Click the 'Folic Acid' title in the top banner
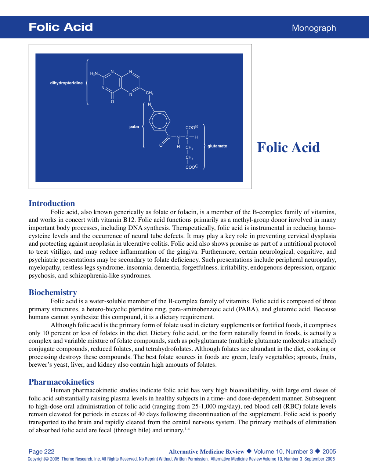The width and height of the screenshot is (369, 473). coord(61,27)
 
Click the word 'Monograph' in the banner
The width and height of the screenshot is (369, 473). coord(314,28)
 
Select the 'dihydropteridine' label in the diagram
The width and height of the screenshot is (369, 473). coord(66,83)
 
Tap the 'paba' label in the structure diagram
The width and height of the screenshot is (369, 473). coord(134,126)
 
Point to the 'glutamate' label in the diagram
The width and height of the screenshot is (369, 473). coord(217,146)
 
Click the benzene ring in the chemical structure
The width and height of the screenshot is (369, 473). coord(159,121)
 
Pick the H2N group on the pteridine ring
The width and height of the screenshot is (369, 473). coord(94,74)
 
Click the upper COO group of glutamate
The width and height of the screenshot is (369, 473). coord(191,127)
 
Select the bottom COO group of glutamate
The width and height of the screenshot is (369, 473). coord(191,167)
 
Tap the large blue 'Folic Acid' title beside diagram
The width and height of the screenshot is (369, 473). coord(288,147)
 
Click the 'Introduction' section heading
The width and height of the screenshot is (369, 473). coord(52,203)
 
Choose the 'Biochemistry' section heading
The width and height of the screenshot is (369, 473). coord(53,293)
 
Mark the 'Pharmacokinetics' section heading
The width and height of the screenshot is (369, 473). coord(61,382)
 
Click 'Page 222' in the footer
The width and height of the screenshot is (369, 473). coord(41,451)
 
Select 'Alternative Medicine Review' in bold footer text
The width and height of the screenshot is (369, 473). coord(206,452)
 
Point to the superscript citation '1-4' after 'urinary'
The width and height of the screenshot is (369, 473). coord(187,429)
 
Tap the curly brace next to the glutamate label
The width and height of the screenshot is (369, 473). coord(204,146)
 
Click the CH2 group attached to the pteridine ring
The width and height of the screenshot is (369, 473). coord(149,93)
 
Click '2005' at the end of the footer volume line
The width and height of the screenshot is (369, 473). coord(329,451)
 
